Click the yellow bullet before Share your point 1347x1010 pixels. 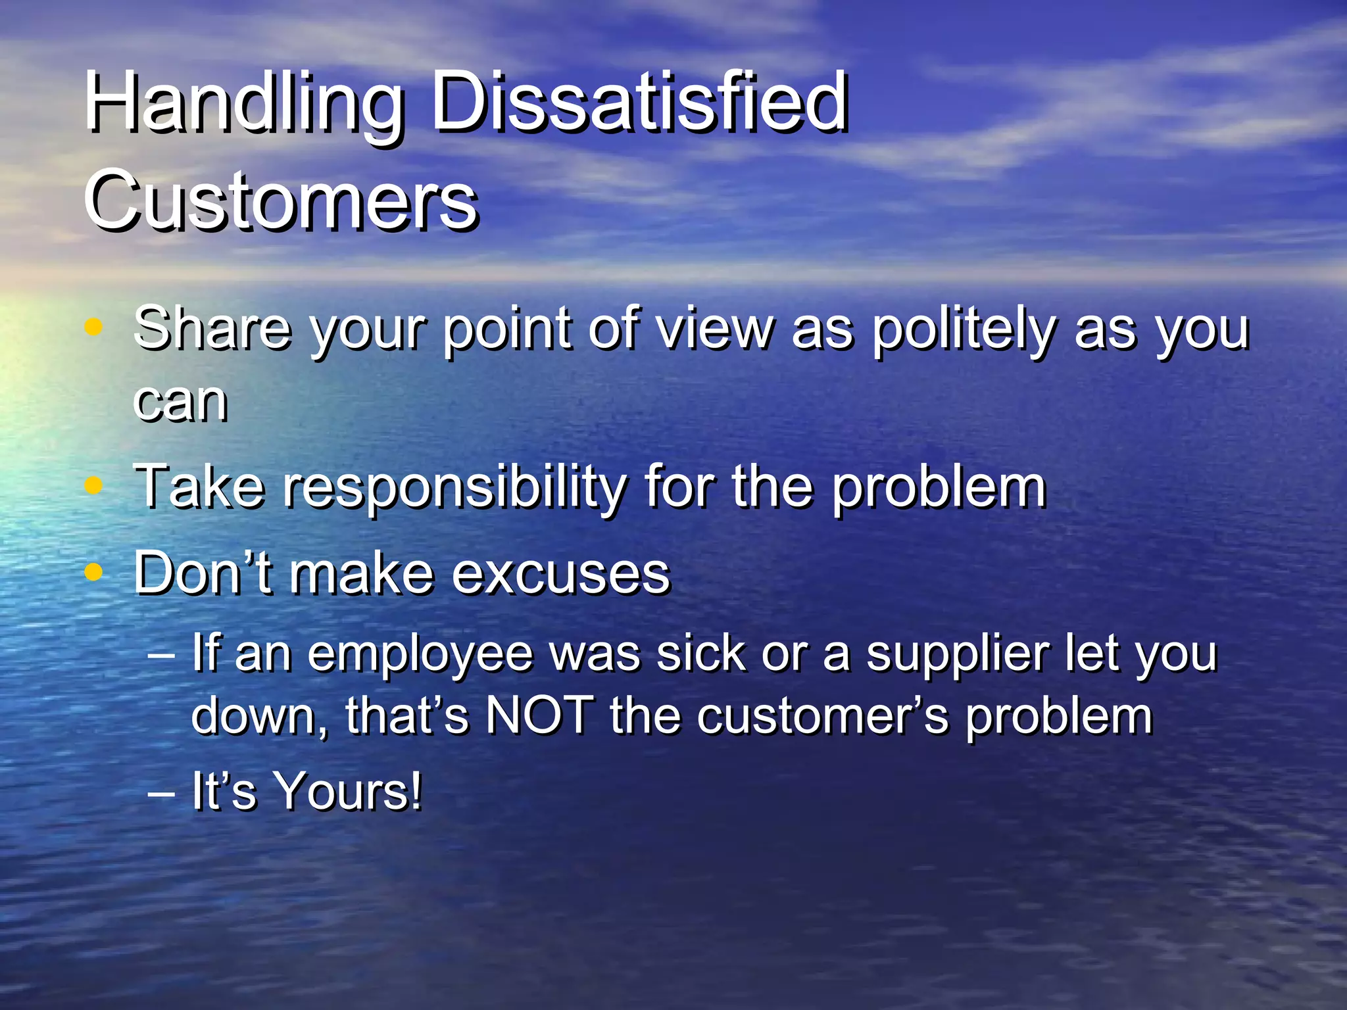pos(94,326)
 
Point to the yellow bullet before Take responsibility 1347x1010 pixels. pos(94,485)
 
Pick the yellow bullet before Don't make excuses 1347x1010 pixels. pos(94,572)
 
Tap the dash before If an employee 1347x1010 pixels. pos(161,656)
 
